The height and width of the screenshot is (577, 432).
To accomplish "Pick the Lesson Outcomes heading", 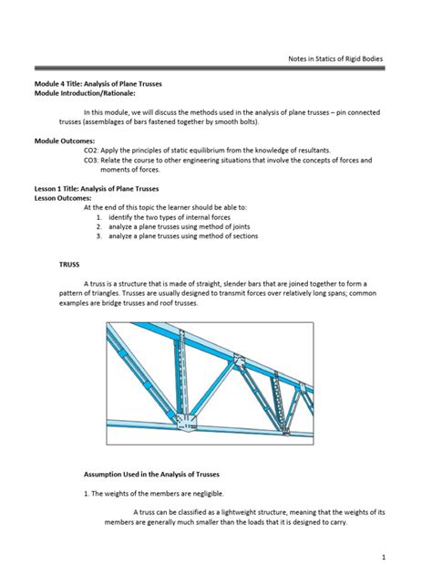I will click(x=63, y=195).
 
